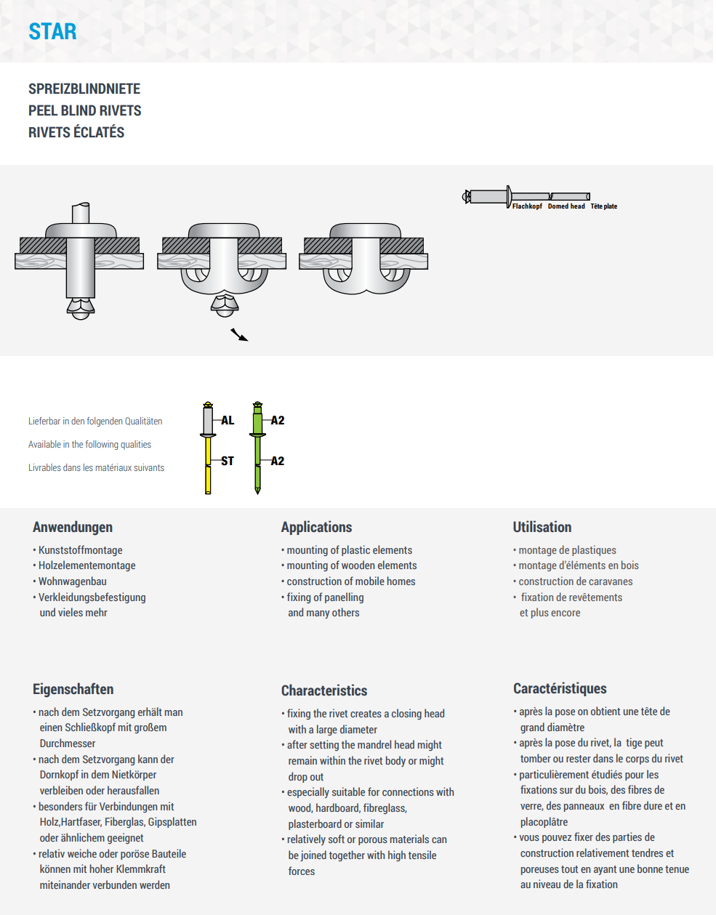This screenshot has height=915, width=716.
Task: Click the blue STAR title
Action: coord(52,32)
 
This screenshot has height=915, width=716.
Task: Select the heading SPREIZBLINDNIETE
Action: coord(84,89)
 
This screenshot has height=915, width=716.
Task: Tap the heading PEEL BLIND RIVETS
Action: coord(85,110)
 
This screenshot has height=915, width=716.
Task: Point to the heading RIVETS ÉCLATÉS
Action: coord(76,132)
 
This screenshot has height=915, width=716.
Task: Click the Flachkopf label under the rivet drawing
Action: coord(527,206)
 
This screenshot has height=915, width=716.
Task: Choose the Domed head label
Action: coord(566,206)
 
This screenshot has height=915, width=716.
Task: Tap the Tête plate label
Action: coord(603,206)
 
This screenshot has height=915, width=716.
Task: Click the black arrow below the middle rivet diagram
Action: coord(239,334)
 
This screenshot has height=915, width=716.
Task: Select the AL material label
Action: coord(228,420)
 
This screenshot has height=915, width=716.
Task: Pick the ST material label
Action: coord(228,461)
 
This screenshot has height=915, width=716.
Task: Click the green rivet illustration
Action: coord(257,447)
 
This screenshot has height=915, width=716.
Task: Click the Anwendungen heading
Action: coord(73,527)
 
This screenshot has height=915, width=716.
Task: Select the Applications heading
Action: coord(316,527)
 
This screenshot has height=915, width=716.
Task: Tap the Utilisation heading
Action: coord(542,527)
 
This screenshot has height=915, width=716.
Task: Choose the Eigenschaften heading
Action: coord(73,689)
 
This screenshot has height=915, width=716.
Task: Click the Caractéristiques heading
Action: coord(560,688)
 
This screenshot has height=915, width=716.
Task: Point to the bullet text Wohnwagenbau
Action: coord(72,581)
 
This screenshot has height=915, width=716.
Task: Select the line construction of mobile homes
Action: coord(351,581)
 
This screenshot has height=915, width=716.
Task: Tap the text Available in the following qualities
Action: coord(89,445)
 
